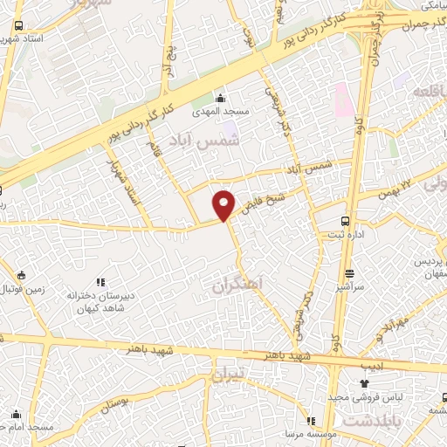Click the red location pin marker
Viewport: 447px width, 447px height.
(225, 205)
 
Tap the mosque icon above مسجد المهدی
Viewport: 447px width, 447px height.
(221, 98)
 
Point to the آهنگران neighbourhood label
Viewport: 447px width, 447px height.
(236, 284)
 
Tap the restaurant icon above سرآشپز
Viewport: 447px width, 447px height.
(348, 273)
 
